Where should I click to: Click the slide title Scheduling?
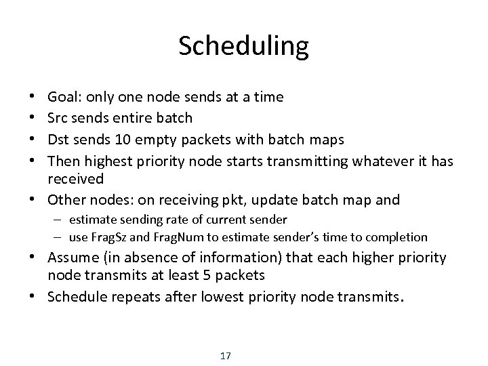pyautogui.click(x=244, y=46)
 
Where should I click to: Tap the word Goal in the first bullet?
pyautogui.click(x=62, y=97)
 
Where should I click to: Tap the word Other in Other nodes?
pyautogui.click(x=65, y=200)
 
